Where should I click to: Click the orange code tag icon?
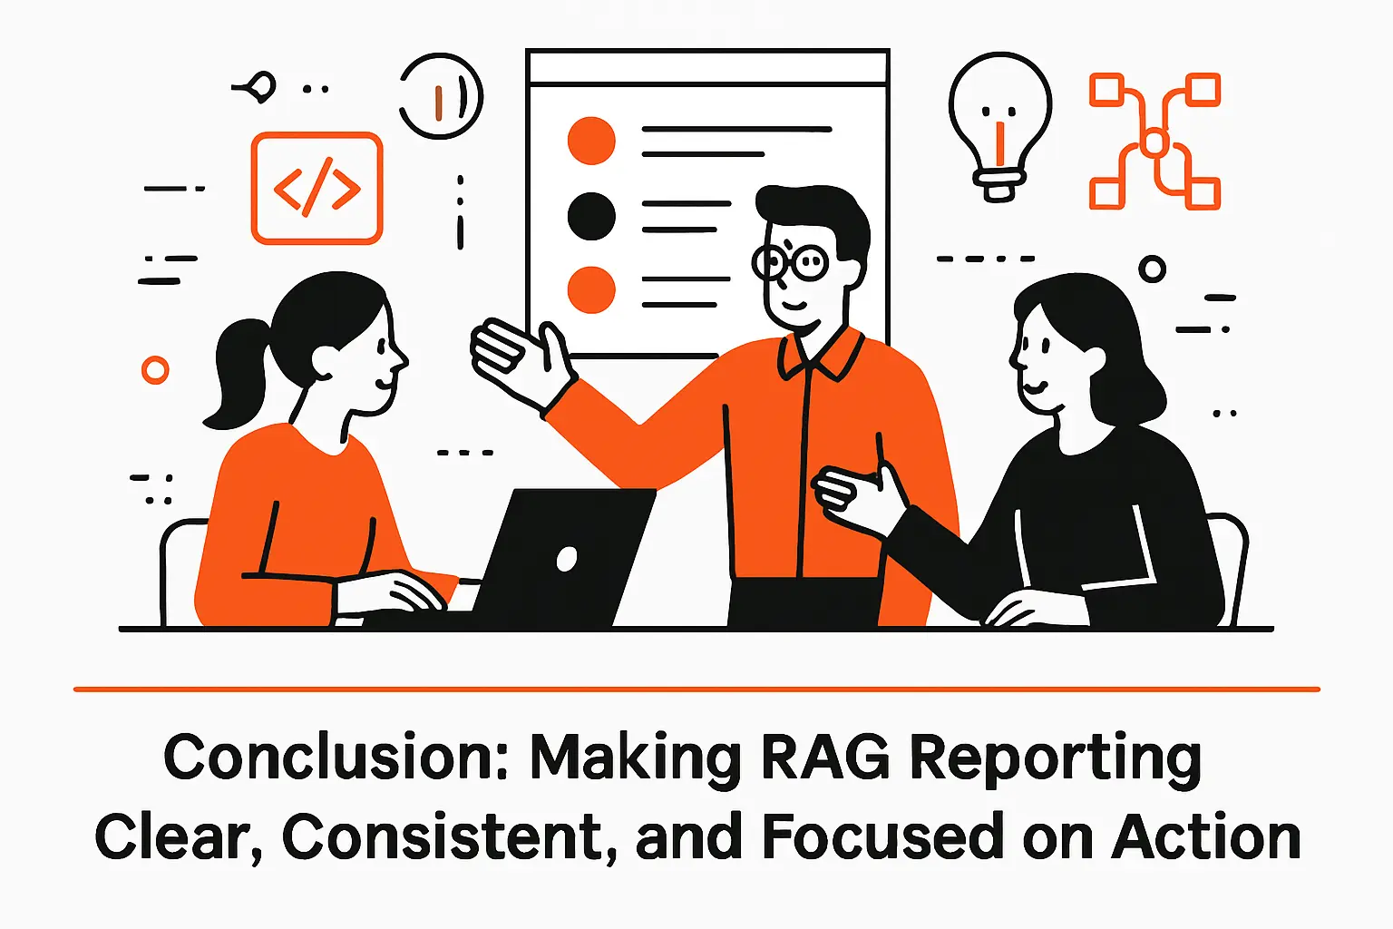coord(317,189)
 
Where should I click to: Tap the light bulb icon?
coord(999,122)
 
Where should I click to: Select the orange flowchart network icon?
coord(1154,142)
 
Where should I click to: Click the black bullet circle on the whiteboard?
coord(591,216)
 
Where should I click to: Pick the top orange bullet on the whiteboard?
coord(591,141)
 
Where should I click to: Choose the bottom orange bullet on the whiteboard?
coord(591,289)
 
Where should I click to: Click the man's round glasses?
coord(791,263)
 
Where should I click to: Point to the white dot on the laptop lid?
coord(567,559)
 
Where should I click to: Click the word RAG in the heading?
coord(825,758)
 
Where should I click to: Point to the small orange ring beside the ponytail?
coord(155,370)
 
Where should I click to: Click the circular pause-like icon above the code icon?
coord(442,96)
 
